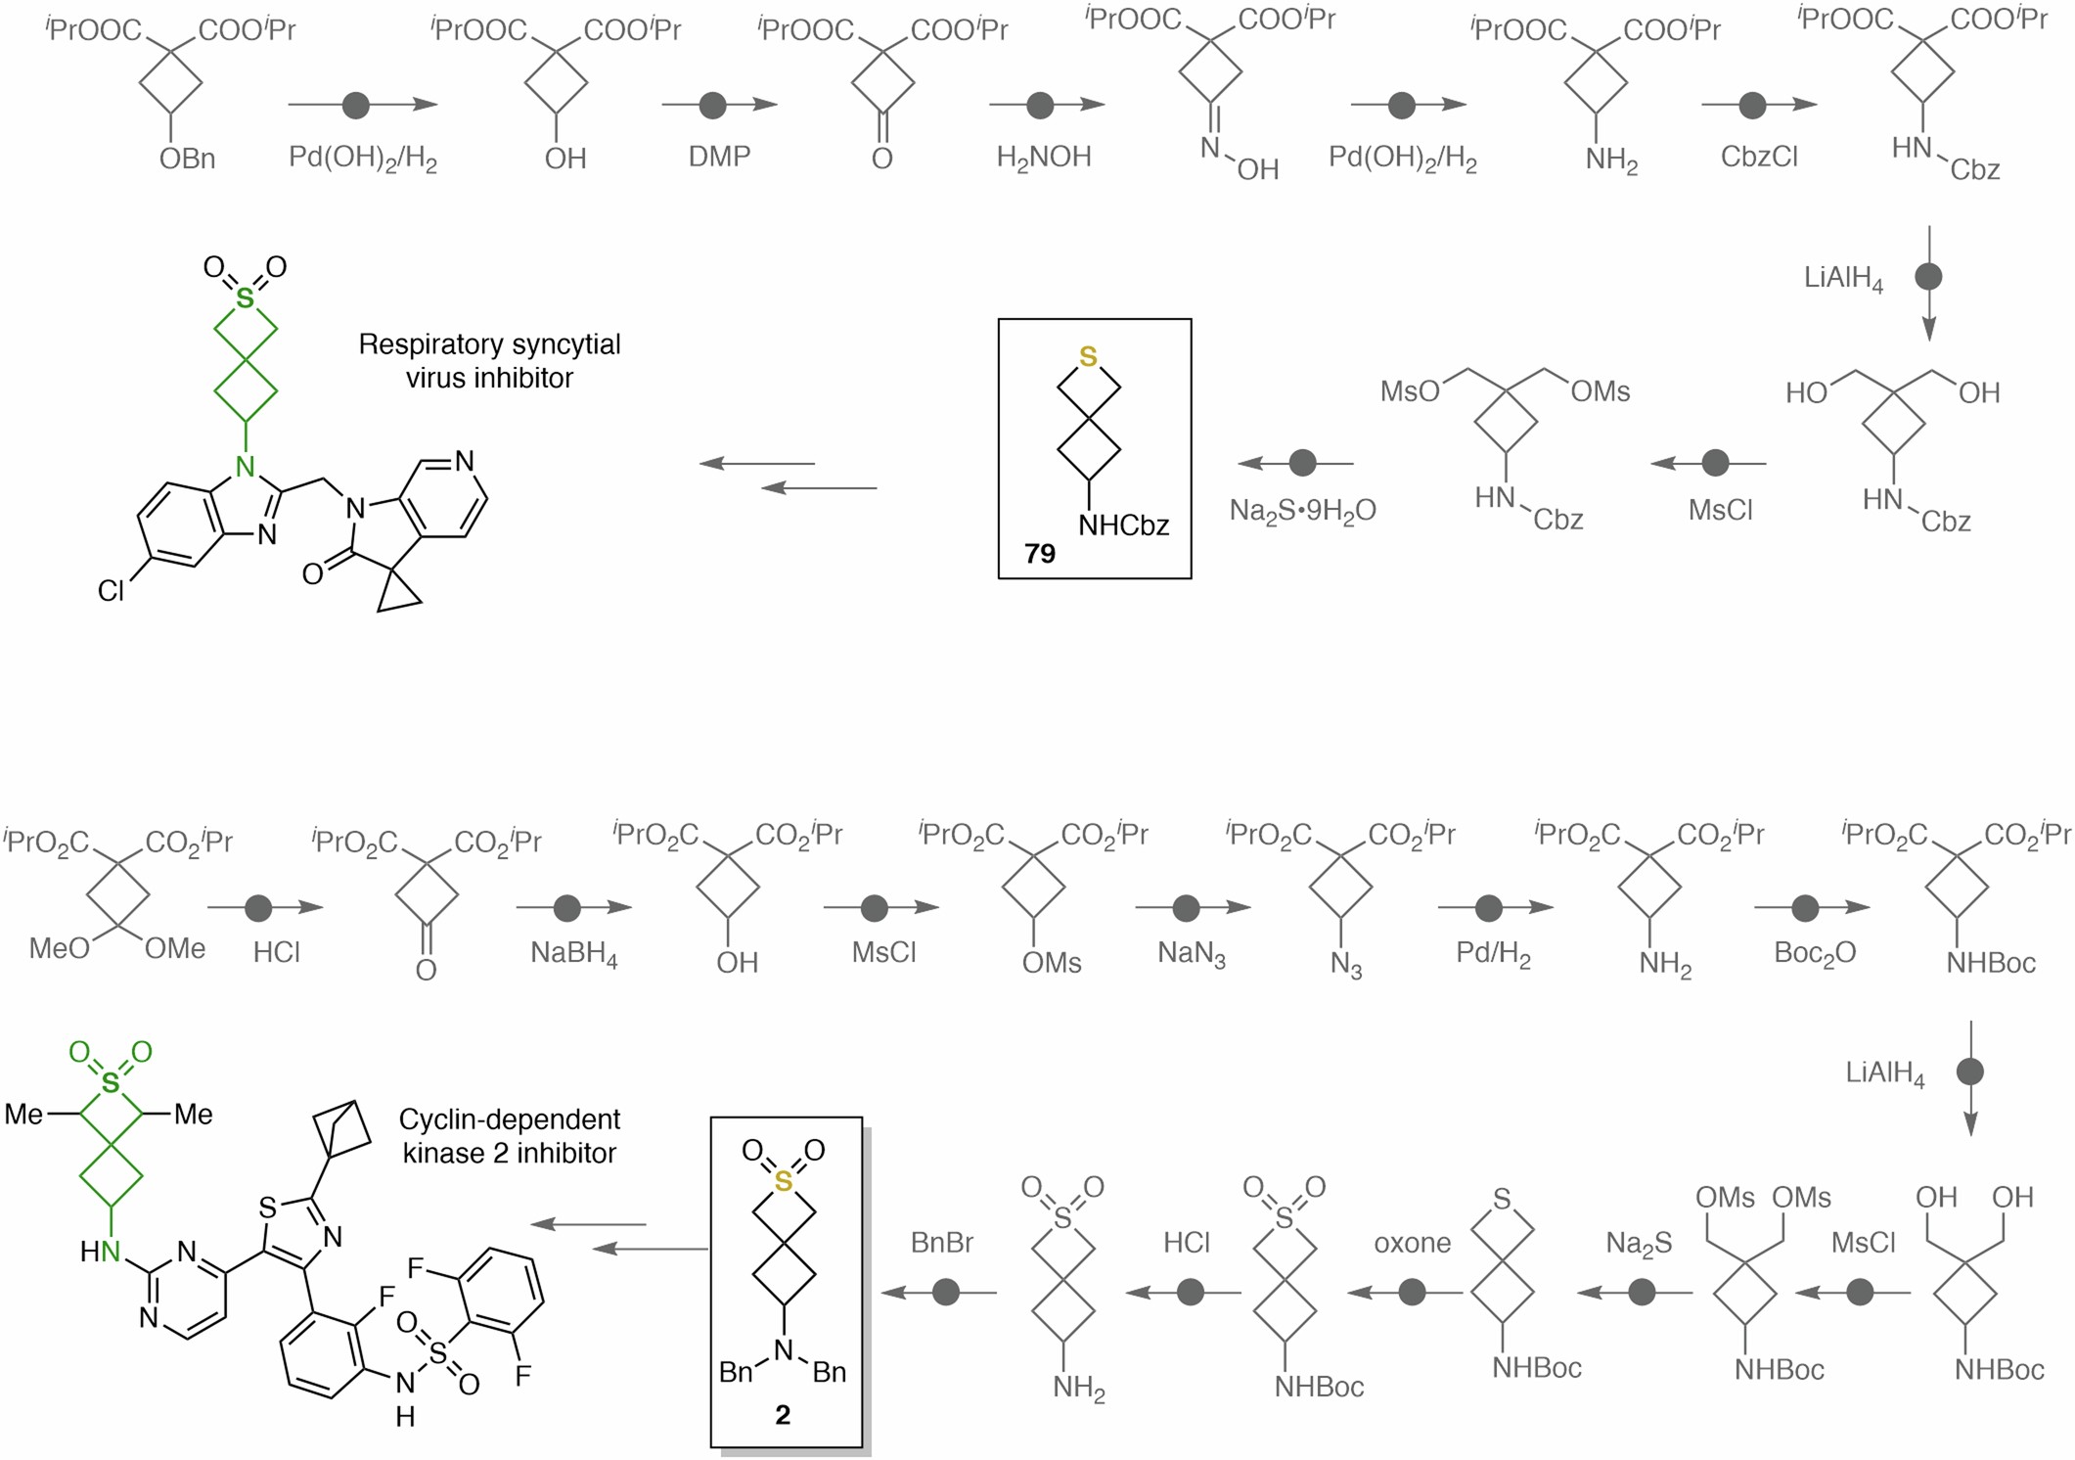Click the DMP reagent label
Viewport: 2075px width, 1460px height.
[719, 157]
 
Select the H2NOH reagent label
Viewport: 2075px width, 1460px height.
[1043, 158]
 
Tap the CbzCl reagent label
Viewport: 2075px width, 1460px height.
[1759, 158]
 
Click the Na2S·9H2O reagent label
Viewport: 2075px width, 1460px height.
[1302, 511]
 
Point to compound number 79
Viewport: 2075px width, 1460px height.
[1039, 554]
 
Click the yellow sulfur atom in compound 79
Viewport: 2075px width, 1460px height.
[1088, 357]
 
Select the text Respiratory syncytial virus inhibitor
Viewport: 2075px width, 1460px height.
[489, 360]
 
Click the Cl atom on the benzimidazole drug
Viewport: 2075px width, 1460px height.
[111, 591]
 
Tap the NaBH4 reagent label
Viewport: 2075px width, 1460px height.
[573, 953]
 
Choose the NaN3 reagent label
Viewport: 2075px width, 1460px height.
[1191, 953]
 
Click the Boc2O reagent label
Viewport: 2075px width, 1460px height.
[1815, 953]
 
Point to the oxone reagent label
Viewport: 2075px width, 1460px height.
[1412, 1243]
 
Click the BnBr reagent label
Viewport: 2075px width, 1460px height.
[941, 1243]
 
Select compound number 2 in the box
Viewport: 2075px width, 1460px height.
[782, 1415]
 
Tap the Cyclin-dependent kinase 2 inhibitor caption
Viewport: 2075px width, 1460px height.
[509, 1136]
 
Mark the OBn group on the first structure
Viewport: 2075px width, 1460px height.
[187, 159]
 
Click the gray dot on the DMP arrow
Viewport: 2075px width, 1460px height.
[713, 105]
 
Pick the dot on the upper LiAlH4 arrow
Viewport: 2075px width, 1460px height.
[1927, 277]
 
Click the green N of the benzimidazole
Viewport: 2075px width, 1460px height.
[246, 467]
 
